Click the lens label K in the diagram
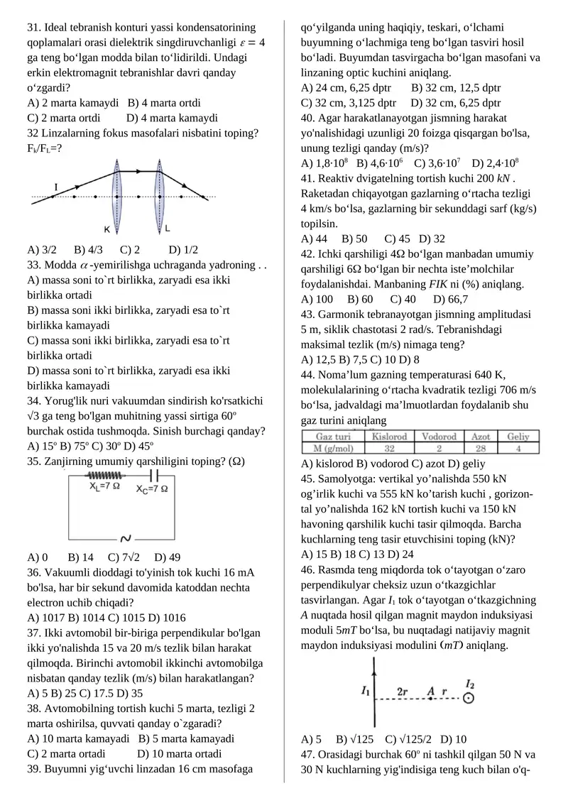tap(106, 229)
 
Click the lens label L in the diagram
tap(168, 229)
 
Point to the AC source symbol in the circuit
tap(126, 537)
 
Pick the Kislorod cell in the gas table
tap(390, 436)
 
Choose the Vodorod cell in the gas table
tap(439, 436)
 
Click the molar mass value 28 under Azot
tap(480, 448)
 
